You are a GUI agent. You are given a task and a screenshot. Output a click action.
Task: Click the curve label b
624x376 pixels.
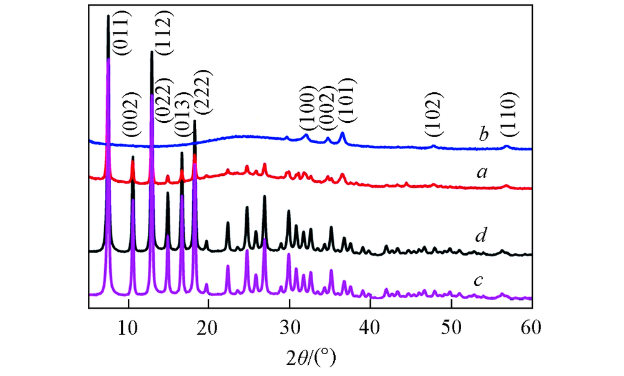point(482,133)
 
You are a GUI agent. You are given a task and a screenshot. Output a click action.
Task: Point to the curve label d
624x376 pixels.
point(480,236)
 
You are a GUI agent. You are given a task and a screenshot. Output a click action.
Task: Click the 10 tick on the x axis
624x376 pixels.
point(129,324)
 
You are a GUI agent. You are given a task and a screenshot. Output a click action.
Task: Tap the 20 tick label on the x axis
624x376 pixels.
point(208,324)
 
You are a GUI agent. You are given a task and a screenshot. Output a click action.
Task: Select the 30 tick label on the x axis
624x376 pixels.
point(289,324)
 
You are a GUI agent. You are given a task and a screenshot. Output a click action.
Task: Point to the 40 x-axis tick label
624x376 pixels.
point(370,324)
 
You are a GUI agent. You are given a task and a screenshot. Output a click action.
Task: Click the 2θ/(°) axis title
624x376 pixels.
point(310,357)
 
